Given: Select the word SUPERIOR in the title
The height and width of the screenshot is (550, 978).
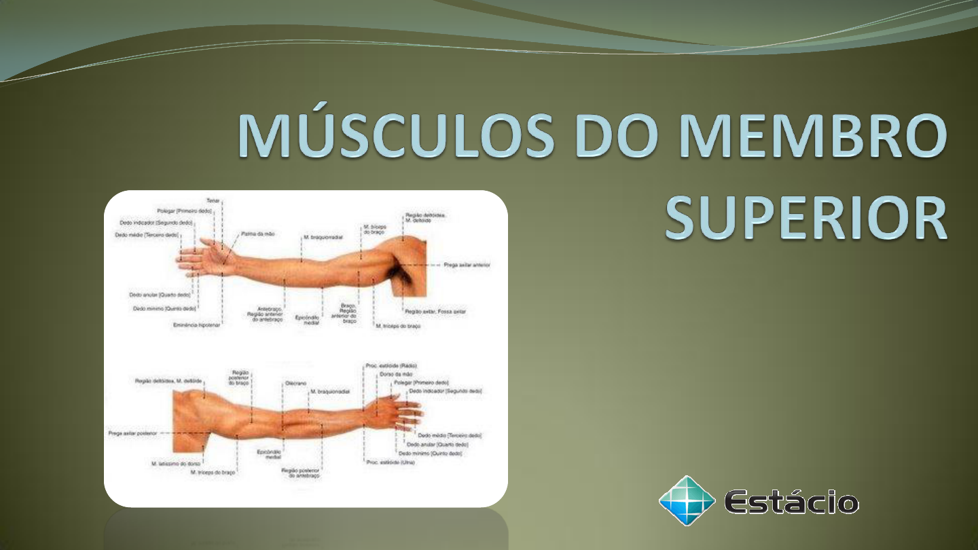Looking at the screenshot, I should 805,219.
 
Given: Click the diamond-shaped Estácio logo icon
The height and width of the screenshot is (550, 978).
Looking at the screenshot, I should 687,500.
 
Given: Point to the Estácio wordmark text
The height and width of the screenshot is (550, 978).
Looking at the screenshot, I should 791,503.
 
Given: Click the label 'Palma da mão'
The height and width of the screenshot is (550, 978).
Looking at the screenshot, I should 257,234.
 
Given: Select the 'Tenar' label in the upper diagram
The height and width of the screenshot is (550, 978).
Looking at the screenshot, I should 213,201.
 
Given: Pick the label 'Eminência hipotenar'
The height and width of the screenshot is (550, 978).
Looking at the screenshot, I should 198,325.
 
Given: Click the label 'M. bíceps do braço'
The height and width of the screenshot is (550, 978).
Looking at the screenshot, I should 374,230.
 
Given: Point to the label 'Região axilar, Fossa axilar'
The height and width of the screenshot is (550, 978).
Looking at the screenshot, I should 435,312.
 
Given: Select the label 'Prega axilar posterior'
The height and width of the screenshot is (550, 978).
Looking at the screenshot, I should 132,433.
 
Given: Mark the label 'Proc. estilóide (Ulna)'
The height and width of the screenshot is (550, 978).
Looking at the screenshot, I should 390,462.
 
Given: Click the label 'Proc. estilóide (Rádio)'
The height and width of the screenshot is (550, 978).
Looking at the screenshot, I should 391,365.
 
